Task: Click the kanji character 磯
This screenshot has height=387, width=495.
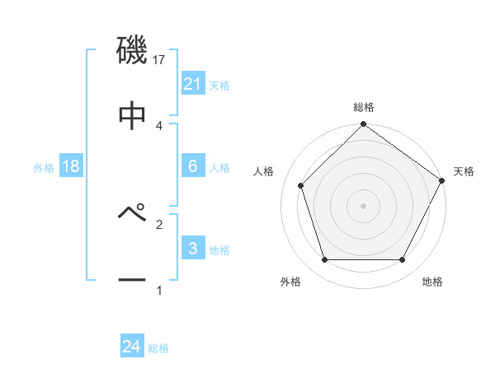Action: click(132, 51)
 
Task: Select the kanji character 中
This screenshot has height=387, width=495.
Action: click(132, 116)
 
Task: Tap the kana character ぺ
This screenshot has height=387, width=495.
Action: click(132, 213)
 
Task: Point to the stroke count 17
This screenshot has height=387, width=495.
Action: click(159, 60)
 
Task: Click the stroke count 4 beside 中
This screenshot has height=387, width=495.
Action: click(159, 125)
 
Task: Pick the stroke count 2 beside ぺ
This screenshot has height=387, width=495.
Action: click(159, 223)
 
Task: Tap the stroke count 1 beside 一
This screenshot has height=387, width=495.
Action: click(159, 290)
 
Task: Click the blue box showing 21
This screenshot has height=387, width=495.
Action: click(192, 84)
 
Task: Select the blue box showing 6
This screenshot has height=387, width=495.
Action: click(192, 166)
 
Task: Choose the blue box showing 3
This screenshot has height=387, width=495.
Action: click(192, 249)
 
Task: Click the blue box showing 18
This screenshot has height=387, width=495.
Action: click(70, 166)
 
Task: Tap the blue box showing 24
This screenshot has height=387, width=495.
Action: click(131, 347)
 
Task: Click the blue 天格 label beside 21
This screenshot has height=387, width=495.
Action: click(219, 85)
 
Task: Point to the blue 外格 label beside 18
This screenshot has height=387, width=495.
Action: click(44, 167)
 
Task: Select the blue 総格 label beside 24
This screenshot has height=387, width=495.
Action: click(158, 348)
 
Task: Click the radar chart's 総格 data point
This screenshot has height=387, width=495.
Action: click(363, 125)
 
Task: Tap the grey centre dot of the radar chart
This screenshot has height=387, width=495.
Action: click(363, 206)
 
